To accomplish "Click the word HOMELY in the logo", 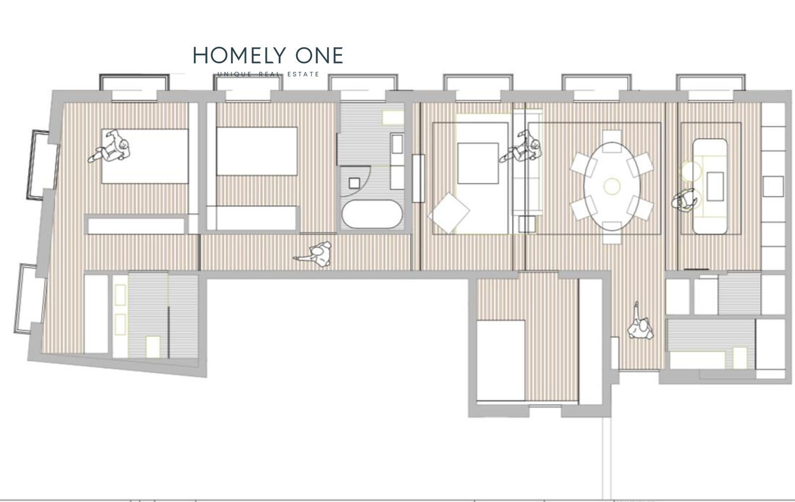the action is click(239, 55).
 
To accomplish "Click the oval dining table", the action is click(612, 186).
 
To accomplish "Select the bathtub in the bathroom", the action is click(372, 214).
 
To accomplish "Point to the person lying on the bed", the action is click(110, 146).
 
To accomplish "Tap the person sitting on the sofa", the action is click(521, 147).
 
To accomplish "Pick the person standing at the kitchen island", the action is click(683, 201).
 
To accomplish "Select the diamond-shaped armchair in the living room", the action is click(449, 213).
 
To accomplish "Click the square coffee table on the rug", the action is click(477, 164).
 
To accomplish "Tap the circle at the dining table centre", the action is click(612, 186).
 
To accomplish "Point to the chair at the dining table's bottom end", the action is click(612, 233).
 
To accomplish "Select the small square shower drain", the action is click(354, 183).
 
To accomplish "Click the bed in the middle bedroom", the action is click(256, 151).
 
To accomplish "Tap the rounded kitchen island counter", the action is click(710, 186).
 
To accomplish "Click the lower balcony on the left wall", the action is click(30, 299).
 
